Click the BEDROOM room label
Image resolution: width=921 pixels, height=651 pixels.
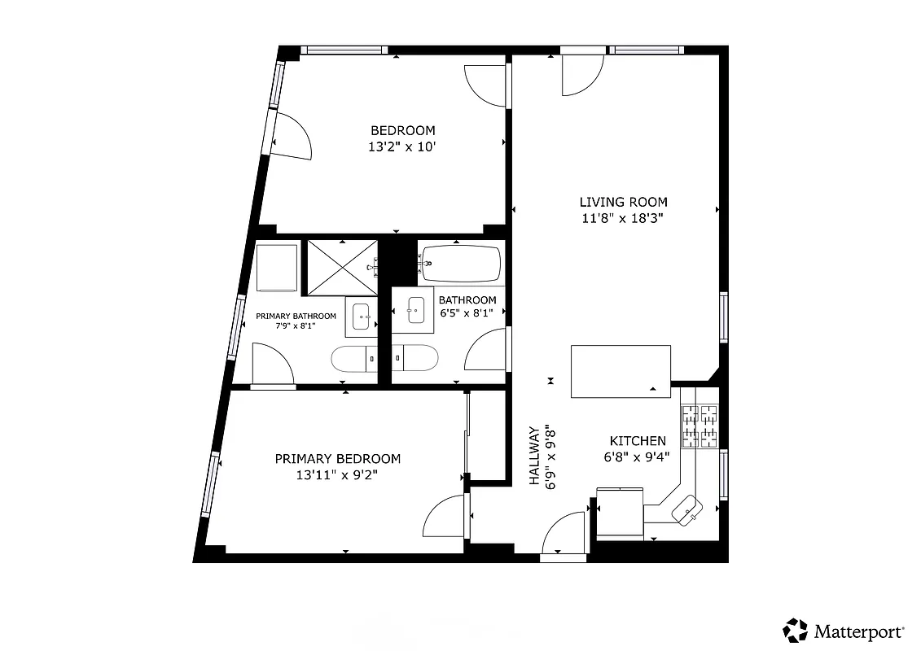click(402, 130)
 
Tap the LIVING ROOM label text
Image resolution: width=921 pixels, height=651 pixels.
click(623, 202)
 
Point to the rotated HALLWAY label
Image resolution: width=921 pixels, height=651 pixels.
click(534, 456)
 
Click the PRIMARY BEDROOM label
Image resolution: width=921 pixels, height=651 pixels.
click(337, 459)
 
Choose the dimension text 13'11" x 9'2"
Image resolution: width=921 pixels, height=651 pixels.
click(337, 475)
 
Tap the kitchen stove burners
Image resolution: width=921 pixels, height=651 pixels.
click(700, 426)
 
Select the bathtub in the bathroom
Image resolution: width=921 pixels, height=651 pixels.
click(460, 263)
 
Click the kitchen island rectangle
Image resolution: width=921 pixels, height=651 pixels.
click(621, 371)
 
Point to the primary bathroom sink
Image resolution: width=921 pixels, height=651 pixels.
click(361, 316)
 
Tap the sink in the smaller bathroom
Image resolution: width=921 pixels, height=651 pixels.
click(415, 310)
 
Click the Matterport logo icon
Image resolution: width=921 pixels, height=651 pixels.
click(796, 630)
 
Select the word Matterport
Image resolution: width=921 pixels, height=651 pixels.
click(858, 631)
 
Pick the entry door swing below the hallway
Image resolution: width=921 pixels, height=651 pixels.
click(564, 534)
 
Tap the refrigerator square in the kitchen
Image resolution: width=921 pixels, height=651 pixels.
click(620, 513)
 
